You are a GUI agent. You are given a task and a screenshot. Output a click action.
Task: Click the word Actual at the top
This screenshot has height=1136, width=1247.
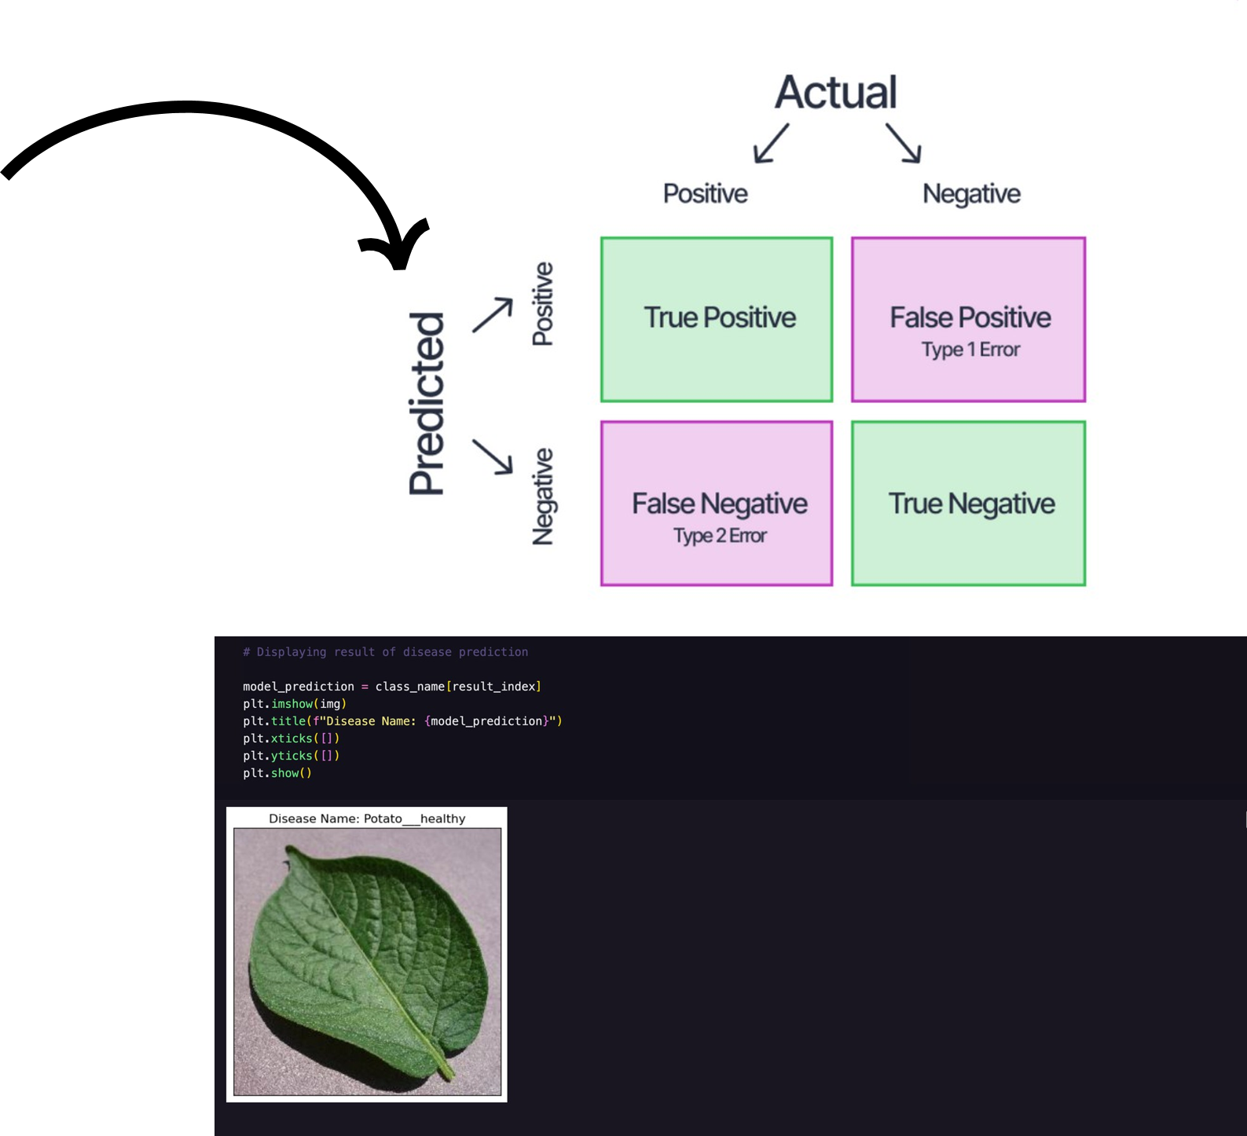[x=835, y=93]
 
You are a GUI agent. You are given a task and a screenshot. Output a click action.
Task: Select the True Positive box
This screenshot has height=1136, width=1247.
[x=717, y=319]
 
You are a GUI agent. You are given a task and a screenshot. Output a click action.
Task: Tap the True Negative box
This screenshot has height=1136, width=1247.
[x=969, y=504]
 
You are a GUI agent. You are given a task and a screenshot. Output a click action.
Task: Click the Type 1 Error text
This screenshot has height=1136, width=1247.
[x=970, y=350]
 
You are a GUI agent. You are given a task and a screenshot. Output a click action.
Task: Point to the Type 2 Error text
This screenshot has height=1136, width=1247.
[x=719, y=536]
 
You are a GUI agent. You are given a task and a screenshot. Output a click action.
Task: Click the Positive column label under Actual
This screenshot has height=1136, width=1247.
[x=705, y=193]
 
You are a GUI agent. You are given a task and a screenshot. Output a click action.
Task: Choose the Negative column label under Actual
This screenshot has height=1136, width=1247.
[x=971, y=193]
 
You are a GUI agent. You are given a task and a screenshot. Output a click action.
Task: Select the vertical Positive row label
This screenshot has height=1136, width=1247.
[x=543, y=303]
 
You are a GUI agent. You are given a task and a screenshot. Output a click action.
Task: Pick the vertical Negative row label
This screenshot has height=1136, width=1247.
[x=543, y=497]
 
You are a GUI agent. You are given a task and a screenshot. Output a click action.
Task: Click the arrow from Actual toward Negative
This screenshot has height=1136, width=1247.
[x=904, y=143]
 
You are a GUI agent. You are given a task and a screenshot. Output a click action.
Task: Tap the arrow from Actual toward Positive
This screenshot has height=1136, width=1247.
[x=771, y=143]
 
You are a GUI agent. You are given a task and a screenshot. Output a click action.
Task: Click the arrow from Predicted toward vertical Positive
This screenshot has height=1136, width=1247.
[x=493, y=315]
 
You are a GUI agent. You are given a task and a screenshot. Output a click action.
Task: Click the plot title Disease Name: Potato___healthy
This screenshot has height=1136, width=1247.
[x=367, y=819]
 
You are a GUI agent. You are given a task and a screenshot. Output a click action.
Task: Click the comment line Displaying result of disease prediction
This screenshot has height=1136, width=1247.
[x=385, y=652]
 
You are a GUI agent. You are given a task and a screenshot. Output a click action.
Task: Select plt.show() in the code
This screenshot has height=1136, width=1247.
[x=277, y=773]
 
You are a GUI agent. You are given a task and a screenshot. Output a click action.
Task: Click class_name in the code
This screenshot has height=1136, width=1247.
[x=409, y=687]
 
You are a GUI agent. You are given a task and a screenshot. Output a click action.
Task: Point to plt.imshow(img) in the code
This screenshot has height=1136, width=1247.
[x=295, y=704]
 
